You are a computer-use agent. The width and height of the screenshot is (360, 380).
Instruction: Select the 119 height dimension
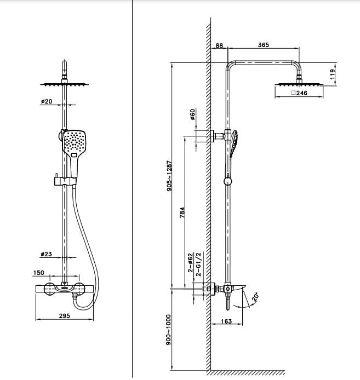pyautogui.click(x=333, y=74)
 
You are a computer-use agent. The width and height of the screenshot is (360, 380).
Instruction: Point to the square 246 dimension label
pyautogui.click(x=299, y=94)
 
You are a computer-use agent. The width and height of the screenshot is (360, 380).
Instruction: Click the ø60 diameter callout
pyautogui.click(x=192, y=114)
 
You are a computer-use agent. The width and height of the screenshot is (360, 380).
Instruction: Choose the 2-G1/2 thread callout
pyautogui.click(x=199, y=263)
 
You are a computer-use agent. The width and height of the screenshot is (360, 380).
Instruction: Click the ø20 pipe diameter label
pyautogui.click(x=47, y=102)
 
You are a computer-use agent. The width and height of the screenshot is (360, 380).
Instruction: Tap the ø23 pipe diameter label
pyautogui.click(x=47, y=254)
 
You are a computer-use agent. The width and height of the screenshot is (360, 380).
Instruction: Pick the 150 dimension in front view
pyautogui.click(x=39, y=272)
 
